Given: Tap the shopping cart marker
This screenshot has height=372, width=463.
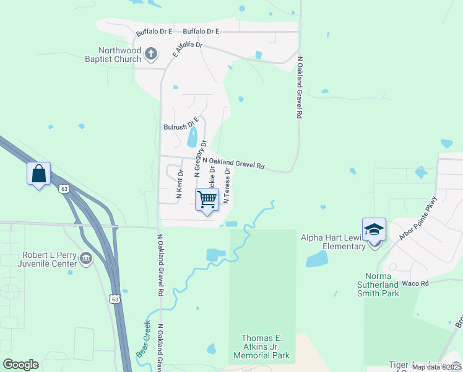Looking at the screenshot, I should pyautogui.click(x=207, y=200).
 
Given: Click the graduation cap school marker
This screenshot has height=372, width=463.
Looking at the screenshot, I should pyautogui.click(x=374, y=229).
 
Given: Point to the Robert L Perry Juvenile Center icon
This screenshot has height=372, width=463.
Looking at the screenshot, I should pyautogui.click(x=85, y=259).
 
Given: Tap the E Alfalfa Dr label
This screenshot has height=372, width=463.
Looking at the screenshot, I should pyautogui.click(x=188, y=50).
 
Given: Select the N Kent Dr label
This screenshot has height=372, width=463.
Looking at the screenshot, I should pyautogui.click(x=179, y=184).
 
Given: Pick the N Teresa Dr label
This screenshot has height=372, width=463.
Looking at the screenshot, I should pyautogui.click(x=227, y=185).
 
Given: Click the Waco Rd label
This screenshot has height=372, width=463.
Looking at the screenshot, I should pyautogui.click(x=415, y=283).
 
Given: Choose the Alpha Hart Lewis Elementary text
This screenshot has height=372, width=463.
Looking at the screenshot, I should pyautogui.click(x=333, y=242).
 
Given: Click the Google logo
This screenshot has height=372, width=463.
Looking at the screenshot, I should pyautogui.click(x=20, y=365).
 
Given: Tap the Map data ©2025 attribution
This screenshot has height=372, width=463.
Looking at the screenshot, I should pyautogui.click(x=436, y=367).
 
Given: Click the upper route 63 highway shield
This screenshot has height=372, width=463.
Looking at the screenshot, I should pyautogui.click(x=64, y=188).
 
